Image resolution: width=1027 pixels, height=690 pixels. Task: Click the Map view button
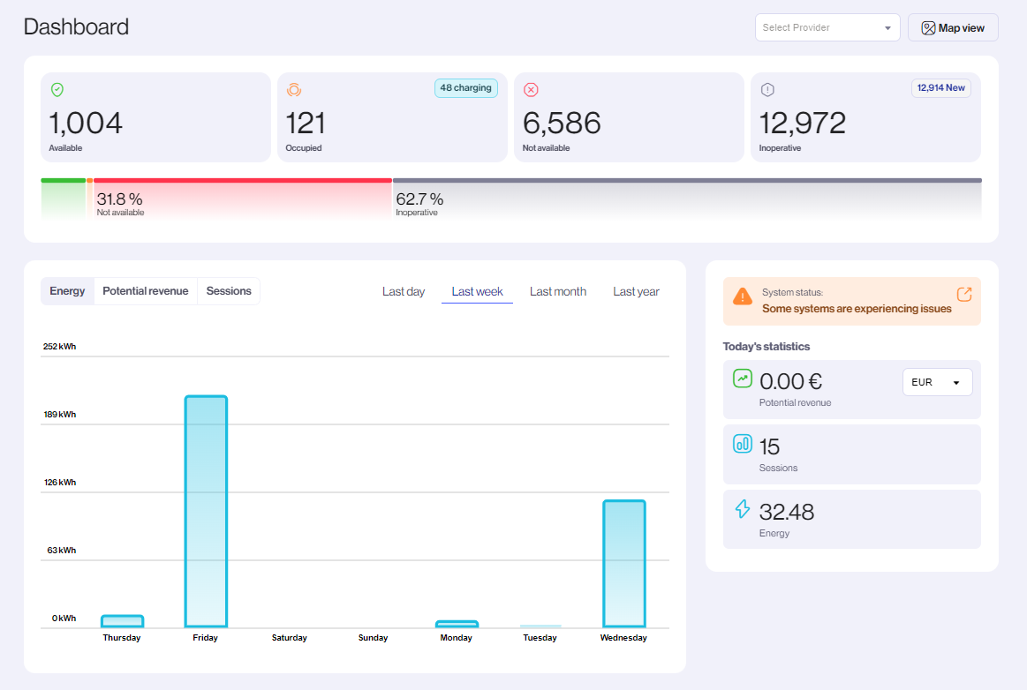[953, 27]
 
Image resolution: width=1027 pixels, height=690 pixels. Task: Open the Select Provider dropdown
[827, 27]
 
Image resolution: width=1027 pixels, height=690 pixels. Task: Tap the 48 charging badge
[465, 88]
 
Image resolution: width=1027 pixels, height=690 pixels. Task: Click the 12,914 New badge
[940, 88]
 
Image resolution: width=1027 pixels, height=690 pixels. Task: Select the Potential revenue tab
[145, 291]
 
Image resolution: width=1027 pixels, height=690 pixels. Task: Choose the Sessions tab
[229, 291]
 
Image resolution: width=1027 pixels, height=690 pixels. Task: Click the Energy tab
[67, 291]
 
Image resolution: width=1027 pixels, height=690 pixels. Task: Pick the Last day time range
[404, 292]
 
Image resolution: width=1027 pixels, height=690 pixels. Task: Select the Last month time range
[557, 292]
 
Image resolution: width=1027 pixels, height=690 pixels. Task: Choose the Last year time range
[636, 292]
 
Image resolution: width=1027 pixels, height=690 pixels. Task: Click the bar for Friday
[206, 512]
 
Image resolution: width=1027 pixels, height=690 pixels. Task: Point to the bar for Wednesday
[624, 564]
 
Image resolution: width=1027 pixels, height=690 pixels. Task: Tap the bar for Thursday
[122, 621]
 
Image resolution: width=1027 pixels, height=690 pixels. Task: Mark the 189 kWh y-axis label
[60, 415]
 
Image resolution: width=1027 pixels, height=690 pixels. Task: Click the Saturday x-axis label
[290, 638]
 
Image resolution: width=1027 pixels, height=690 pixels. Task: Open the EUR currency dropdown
[937, 382]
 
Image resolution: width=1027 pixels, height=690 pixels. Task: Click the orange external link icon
[964, 294]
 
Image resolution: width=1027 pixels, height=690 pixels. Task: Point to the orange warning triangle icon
[743, 296]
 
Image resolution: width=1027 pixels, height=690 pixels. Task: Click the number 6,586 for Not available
[562, 123]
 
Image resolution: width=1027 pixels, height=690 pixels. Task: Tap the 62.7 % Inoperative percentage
[419, 199]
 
